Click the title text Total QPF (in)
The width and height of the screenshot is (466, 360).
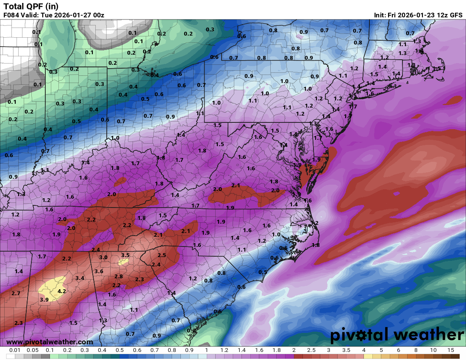pos(31,6)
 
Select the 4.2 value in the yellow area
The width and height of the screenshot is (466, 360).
pos(62,291)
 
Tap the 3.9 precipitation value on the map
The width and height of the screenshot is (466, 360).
pos(44,299)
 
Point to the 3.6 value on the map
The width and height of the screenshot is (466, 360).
pos(99,271)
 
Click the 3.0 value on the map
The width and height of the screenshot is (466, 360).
pos(103,257)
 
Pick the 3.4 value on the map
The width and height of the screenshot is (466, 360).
pos(80,278)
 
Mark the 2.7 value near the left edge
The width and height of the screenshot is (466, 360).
pos(16,293)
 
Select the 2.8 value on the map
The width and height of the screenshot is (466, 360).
pos(119,276)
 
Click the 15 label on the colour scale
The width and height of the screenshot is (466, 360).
pos(450,350)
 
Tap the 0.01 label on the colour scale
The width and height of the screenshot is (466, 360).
pos(15,350)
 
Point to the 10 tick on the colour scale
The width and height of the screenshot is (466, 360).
pos(433,350)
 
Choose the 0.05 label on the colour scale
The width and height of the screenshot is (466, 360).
pos(33,350)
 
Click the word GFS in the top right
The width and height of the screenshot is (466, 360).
pos(456,15)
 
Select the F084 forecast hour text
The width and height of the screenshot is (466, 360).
pos(11,15)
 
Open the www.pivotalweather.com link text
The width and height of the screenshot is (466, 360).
pos(50,342)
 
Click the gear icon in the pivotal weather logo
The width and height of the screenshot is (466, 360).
pos(361,336)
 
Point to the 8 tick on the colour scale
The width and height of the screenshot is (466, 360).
pos(416,350)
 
